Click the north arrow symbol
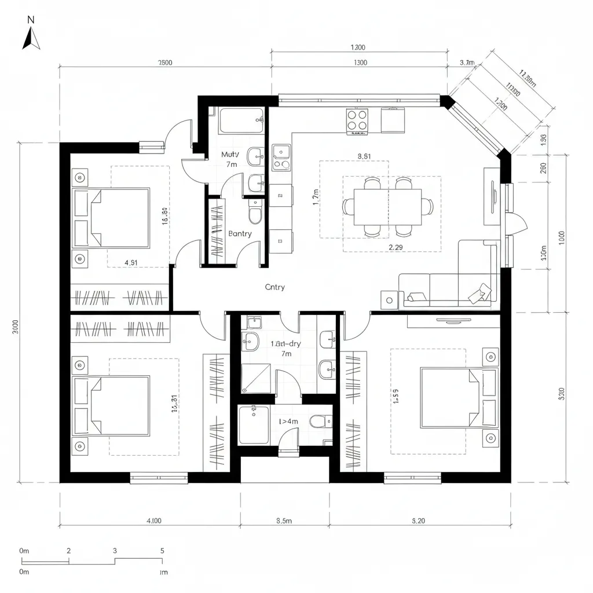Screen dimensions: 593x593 point(31,39)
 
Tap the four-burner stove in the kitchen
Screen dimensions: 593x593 point(357,121)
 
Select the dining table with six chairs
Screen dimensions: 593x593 point(387,207)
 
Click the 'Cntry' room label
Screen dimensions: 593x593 point(274,287)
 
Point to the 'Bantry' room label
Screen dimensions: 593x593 point(240,233)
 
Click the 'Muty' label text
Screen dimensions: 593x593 point(230,155)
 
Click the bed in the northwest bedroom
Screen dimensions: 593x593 point(111,217)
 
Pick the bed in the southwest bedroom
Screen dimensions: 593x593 point(111,405)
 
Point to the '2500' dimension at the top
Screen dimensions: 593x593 point(164,63)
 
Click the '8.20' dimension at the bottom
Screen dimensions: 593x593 point(418,521)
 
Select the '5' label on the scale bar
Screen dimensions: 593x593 point(162,550)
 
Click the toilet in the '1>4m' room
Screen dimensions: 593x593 point(318,422)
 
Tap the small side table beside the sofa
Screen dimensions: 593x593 point(387,300)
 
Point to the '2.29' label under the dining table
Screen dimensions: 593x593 point(396,247)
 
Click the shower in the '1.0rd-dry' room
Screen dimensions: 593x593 point(255,378)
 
